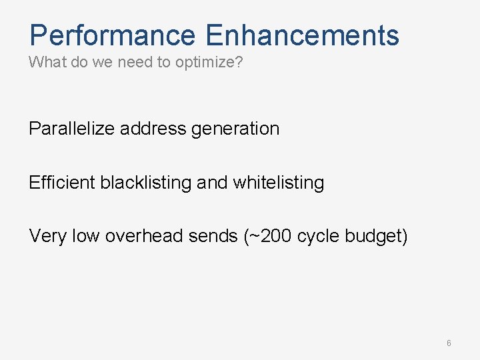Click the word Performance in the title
tap(113, 35)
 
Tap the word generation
tap(235, 129)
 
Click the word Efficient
tap(62, 182)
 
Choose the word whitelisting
tap(279, 182)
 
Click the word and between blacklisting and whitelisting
tap(212, 182)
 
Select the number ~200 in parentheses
tap(268, 235)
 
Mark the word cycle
tap(317, 236)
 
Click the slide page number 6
tap(449, 343)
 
